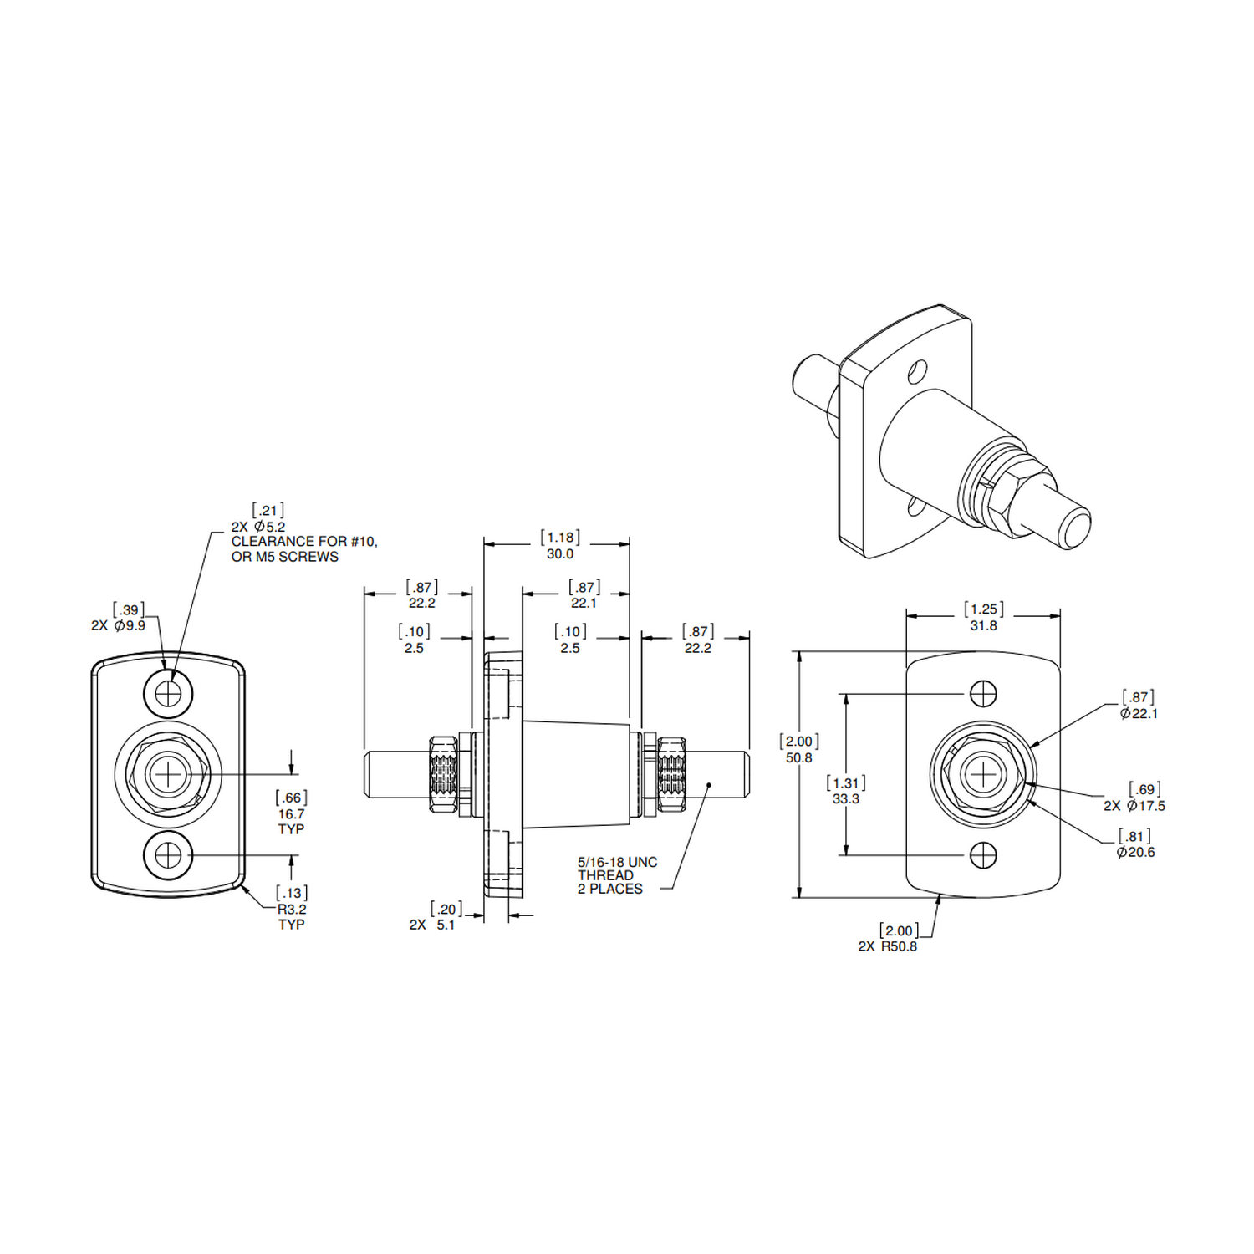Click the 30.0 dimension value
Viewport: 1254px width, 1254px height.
[559, 553]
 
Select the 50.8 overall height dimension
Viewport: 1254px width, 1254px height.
[798, 757]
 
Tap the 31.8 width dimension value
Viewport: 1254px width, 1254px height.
[983, 625]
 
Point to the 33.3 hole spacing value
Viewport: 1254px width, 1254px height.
[845, 798]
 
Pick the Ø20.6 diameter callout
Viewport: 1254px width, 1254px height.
[1135, 852]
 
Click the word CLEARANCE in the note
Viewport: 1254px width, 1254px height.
[273, 542]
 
